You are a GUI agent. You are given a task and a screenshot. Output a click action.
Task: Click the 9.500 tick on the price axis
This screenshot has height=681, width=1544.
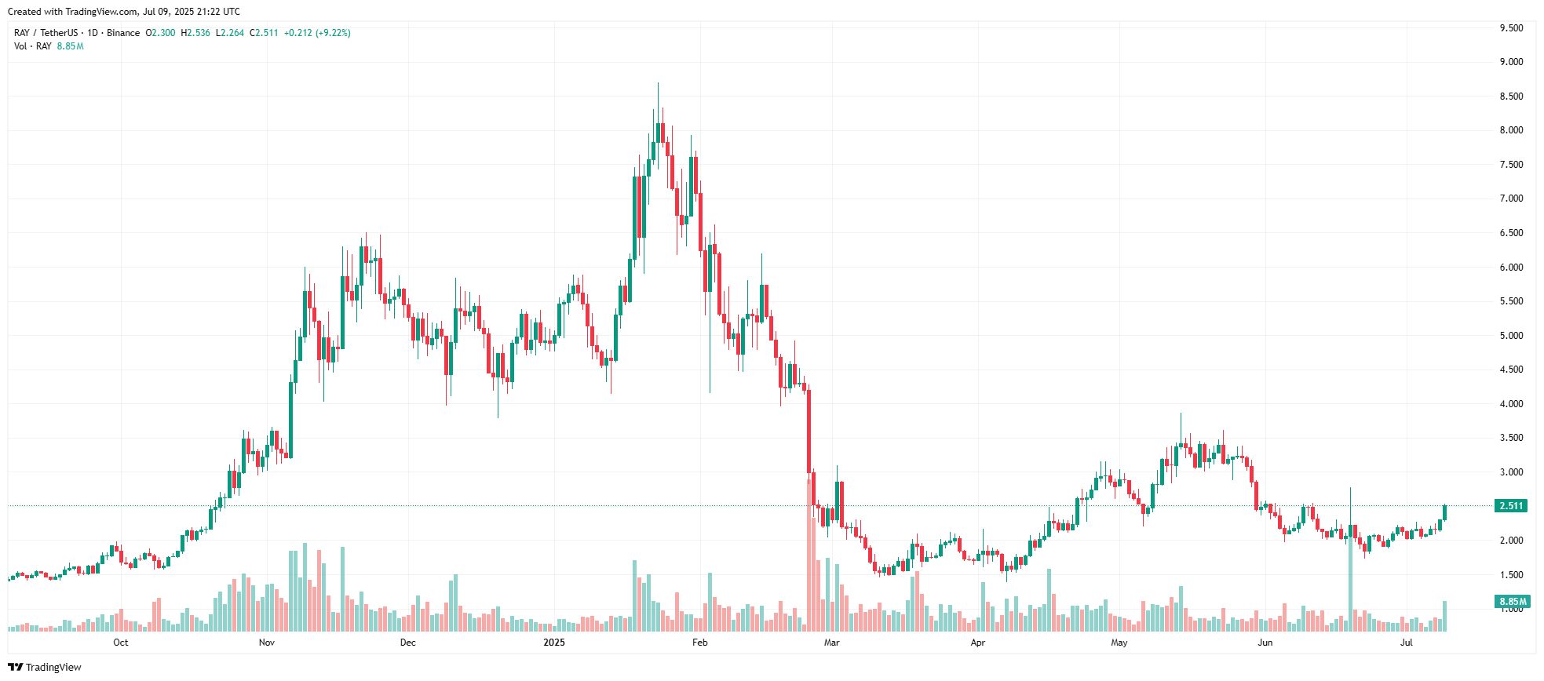pyautogui.click(x=1511, y=28)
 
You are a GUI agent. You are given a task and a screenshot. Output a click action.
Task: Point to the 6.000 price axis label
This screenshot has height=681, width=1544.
pyautogui.click(x=1511, y=268)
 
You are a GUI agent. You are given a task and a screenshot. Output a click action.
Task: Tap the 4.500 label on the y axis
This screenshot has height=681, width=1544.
pyautogui.click(x=1511, y=370)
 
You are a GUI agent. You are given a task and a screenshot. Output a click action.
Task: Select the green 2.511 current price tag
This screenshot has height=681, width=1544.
pyautogui.click(x=1511, y=506)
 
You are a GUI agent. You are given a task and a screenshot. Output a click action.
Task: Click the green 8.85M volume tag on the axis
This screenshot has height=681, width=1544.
pyautogui.click(x=1513, y=602)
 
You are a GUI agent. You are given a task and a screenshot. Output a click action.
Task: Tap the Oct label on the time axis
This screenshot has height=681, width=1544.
pyautogui.click(x=121, y=643)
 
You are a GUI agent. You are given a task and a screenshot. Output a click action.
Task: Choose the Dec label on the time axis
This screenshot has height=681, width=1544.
pyautogui.click(x=408, y=643)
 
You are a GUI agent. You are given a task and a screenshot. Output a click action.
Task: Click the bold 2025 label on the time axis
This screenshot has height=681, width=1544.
pyautogui.click(x=554, y=643)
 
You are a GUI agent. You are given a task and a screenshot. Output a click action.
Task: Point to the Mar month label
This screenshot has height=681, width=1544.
pyautogui.click(x=832, y=643)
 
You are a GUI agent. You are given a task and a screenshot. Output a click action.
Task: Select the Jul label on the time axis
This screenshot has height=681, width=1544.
pyautogui.click(x=1407, y=643)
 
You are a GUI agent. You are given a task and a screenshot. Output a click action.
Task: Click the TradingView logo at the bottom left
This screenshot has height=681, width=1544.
pyautogui.click(x=45, y=667)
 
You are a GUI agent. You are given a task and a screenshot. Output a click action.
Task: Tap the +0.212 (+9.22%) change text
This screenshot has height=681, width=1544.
pyautogui.click(x=317, y=33)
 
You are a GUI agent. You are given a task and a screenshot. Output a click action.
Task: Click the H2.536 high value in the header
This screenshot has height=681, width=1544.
pyautogui.click(x=195, y=33)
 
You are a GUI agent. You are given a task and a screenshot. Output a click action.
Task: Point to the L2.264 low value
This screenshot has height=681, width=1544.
pyautogui.click(x=230, y=33)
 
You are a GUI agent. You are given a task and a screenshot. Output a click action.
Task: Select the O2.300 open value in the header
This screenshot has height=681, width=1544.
pyautogui.click(x=161, y=33)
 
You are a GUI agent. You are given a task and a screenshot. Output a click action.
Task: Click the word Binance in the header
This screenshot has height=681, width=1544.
pyautogui.click(x=123, y=33)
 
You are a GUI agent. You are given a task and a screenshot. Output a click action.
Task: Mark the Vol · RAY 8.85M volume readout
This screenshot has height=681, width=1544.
pyautogui.click(x=49, y=46)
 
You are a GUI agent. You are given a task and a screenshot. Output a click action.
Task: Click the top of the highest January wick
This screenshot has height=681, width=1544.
pyautogui.click(x=658, y=84)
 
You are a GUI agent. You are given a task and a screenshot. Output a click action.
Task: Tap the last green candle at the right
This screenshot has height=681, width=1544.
pyautogui.click(x=1444, y=512)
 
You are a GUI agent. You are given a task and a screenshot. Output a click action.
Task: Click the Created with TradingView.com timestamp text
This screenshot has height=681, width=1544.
pyautogui.click(x=124, y=12)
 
